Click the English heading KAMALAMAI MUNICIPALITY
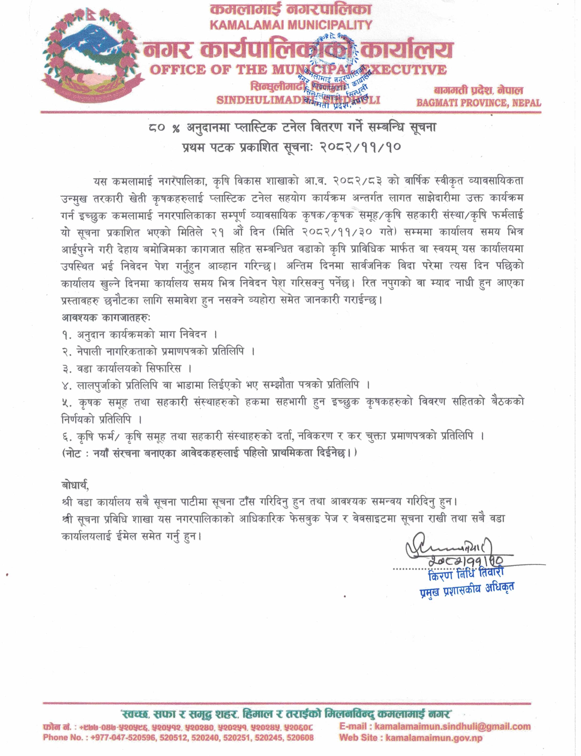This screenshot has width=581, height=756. pyautogui.click(x=291, y=25)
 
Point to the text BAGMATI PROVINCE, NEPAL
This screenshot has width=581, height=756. pyautogui.click(x=478, y=103)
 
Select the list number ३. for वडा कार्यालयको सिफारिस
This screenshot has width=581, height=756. pyautogui.click(x=67, y=369)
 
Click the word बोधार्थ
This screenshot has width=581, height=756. pyautogui.click(x=75, y=485)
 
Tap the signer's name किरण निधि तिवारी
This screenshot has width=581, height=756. pyautogui.click(x=465, y=575)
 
